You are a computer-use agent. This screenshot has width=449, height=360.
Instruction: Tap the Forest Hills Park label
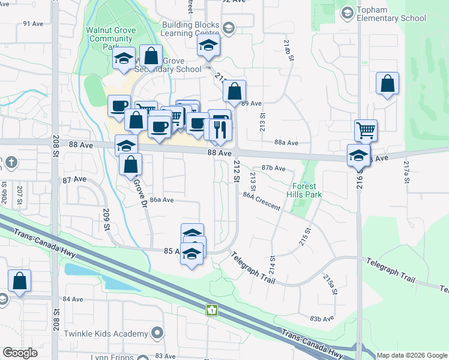pos(307,190)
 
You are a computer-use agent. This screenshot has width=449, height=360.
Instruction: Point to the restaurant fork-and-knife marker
pos(218,130)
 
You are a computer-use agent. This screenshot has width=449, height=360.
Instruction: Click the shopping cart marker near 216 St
pos(366,130)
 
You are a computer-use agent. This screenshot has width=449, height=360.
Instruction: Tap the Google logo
pos(20,353)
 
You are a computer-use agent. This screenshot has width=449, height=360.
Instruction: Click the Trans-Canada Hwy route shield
pos(211,310)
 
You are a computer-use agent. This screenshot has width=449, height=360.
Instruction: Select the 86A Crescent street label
pos(262,201)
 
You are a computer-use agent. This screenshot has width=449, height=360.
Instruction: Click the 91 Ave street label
pos(31,23)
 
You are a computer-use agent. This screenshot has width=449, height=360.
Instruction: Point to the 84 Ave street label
pos(72,299)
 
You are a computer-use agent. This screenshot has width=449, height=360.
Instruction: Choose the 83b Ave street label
pos(322,319)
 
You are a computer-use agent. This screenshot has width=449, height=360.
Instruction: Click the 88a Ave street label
pos(286,143)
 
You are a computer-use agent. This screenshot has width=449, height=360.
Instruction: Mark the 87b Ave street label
pos(273,169)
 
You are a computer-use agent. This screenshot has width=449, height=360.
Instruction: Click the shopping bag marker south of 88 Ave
pos(130,164)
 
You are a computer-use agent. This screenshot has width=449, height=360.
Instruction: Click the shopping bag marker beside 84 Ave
pos(20,281)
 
